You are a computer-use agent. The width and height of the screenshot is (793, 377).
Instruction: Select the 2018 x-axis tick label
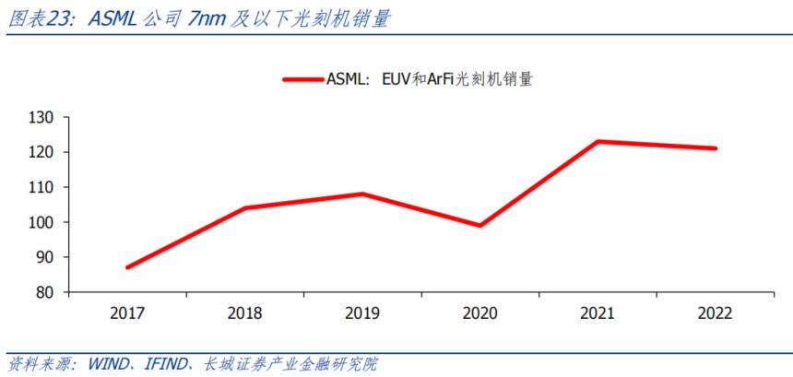click(x=244, y=313)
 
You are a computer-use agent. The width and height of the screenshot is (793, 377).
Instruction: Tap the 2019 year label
click(x=362, y=313)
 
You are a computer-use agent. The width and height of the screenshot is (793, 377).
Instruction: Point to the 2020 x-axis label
click(x=479, y=313)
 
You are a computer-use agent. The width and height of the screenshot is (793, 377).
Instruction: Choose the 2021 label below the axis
click(x=598, y=313)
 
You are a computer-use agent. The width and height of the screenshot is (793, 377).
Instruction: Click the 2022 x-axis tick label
click(x=716, y=313)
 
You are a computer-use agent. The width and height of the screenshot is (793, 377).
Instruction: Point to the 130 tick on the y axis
click(x=42, y=117)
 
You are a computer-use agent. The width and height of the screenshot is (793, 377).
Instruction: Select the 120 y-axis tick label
click(x=42, y=152)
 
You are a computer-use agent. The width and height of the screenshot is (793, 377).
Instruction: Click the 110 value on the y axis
click(x=42, y=187)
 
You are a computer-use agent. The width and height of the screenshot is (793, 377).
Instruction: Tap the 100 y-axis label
click(x=42, y=222)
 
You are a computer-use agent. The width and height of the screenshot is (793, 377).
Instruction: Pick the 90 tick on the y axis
click(x=46, y=257)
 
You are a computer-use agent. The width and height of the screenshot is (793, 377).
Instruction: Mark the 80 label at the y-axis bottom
click(x=46, y=292)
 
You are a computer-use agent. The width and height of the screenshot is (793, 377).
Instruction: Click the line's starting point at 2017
click(x=127, y=267)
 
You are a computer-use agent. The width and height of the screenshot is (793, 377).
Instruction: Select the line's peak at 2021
click(x=598, y=141)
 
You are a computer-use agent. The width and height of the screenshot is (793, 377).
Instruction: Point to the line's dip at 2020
click(x=479, y=225)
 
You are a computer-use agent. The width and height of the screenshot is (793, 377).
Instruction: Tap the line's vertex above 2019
click(x=362, y=194)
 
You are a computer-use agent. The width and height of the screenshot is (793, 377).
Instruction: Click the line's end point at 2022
click(x=715, y=148)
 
